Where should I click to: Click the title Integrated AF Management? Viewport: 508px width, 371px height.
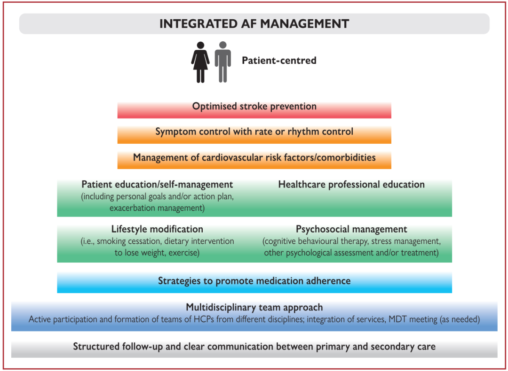click(254, 24)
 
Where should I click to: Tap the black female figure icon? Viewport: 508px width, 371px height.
click(200, 62)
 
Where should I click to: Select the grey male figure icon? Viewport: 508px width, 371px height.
click(223, 62)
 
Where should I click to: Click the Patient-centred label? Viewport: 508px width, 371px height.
click(279, 61)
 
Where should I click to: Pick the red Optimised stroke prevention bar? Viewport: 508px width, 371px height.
click(254, 110)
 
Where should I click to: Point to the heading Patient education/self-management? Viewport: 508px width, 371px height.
click(157, 185)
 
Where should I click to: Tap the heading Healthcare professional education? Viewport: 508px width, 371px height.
click(351, 185)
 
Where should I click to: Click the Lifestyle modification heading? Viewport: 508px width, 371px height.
click(157, 229)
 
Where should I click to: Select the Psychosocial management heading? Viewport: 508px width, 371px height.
click(351, 229)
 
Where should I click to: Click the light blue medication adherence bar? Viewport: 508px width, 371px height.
click(254, 283)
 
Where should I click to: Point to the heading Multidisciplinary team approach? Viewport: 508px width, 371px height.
click(254, 307)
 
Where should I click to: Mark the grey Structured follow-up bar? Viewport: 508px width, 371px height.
click(254, 348)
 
